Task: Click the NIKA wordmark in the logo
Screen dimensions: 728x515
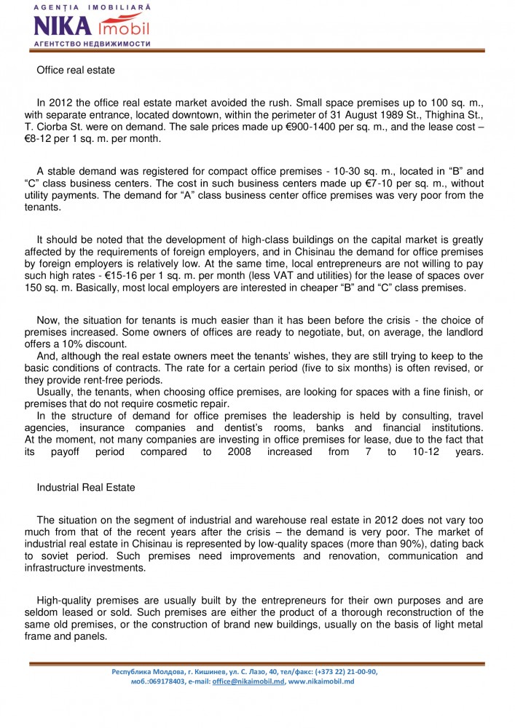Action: [63, 27]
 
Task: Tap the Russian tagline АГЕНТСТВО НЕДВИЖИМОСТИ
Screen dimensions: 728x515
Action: [92, 44]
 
